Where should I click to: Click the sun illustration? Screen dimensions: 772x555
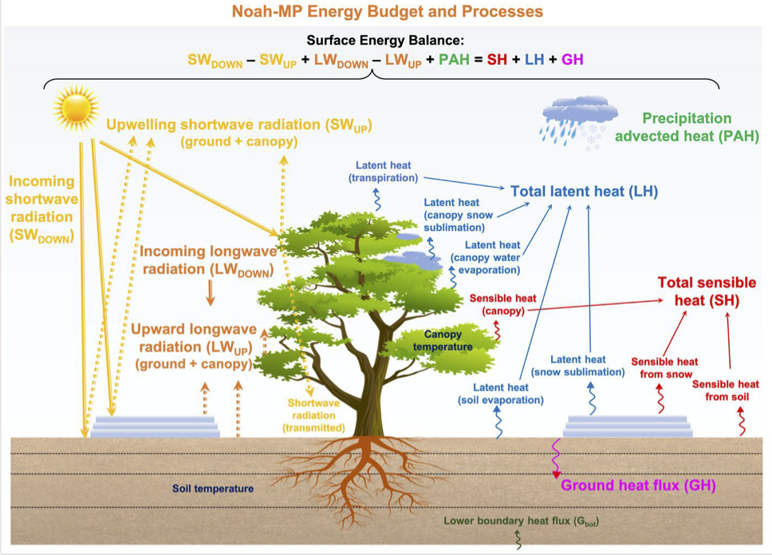(77, 109)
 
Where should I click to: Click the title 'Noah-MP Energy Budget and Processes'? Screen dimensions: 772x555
(388, 11)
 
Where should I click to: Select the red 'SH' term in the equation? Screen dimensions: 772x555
(497, 60)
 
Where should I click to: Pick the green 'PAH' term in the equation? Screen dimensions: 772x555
(454, 60)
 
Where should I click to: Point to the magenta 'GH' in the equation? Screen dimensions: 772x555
(572, 60)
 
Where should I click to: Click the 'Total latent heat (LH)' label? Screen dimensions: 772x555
(584, 191)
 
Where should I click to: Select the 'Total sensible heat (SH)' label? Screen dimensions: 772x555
(707, 291)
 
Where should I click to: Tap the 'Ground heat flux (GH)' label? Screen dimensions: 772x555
(638, 486)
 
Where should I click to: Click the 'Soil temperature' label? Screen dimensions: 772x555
(213, 489)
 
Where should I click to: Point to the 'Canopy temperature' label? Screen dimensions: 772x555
(443, 340)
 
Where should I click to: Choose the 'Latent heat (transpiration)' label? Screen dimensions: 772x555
(383, 172)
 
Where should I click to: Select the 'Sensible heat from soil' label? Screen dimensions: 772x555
(726, 390)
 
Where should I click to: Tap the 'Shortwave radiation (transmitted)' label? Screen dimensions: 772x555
(313, 415)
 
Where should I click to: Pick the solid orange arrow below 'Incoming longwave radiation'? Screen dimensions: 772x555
(211, 293)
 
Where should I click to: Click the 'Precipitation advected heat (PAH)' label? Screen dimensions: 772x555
(687, 127)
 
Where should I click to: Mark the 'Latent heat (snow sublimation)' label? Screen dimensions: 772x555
(578, 366)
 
